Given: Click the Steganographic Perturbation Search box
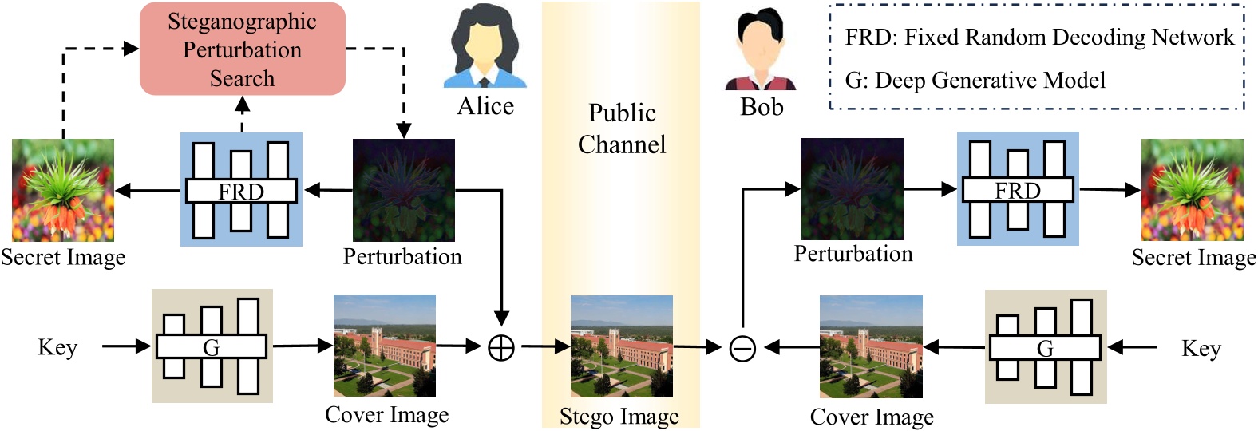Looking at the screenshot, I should (x=242, y=49).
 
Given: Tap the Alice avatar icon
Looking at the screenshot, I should (x=485, y=47).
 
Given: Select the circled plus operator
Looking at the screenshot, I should (x=501, y=348).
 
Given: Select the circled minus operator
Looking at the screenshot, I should (x=742, y=348).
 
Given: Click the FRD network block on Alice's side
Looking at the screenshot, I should (x=241, y=190).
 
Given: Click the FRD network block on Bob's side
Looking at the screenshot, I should (x=1018, y=189).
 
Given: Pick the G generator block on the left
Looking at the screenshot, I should (x=212, y=346).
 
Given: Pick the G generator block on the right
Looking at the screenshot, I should (x=1046, y=347).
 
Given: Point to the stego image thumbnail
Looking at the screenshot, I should (x=622, y=346).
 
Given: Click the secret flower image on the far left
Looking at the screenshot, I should (x=63, y=190).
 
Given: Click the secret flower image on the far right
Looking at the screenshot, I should (x=1193, y=190).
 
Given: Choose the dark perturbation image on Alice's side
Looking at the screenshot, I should (x=404, y=190).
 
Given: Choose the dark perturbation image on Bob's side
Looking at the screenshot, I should (x=852, y=189).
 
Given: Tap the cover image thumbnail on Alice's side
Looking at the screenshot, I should (x=385, y=346).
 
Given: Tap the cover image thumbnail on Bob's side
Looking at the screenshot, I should (x=871, y=346).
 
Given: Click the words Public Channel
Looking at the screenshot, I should (x=622, y=129).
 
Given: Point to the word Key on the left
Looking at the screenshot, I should (x=57, y=347).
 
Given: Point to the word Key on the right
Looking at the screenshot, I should (x=1201, y=348).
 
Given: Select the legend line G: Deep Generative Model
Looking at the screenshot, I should (x=975, y=81).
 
